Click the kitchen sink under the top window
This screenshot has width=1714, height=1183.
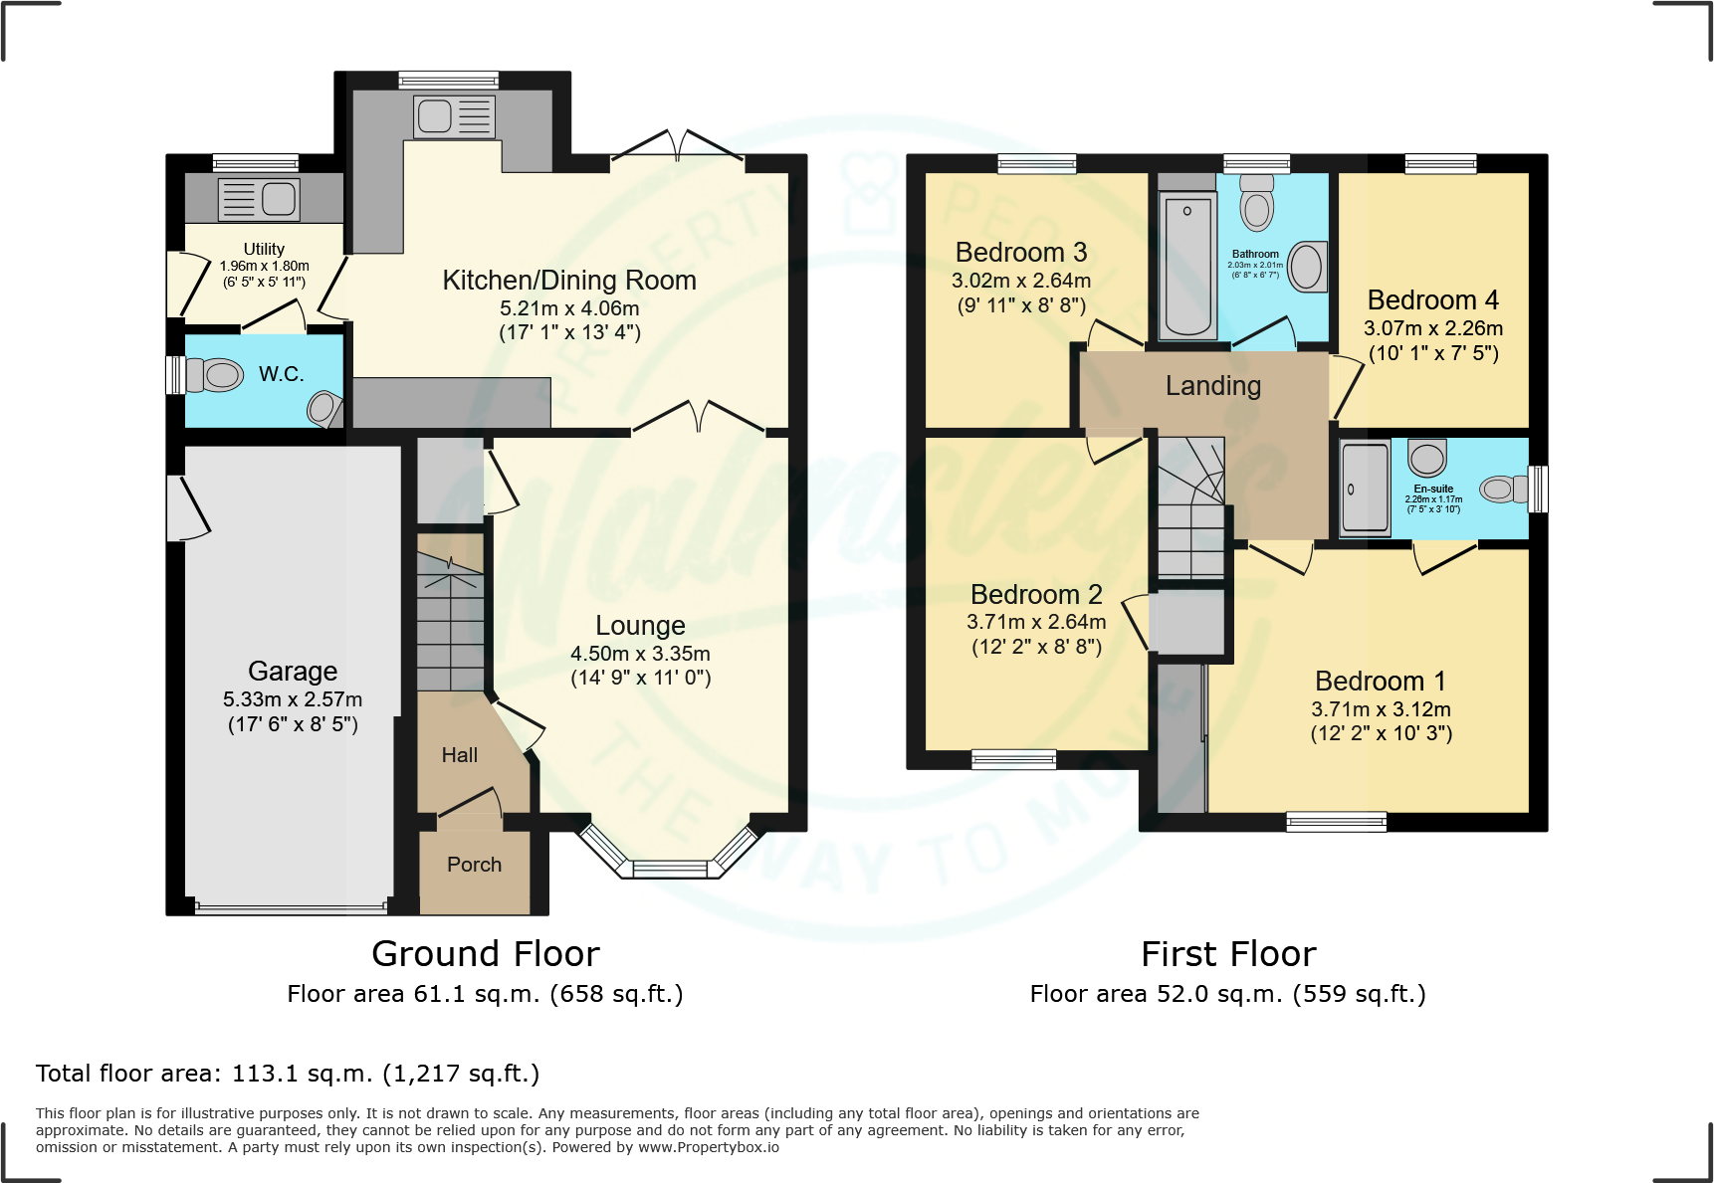(454, 116)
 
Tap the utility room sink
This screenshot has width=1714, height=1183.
(259, 199)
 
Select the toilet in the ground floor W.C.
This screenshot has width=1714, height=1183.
(216, 375)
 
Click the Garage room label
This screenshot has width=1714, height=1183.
(293, 671)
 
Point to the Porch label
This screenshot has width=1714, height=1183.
(474, 865)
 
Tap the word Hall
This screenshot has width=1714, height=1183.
(460, 755)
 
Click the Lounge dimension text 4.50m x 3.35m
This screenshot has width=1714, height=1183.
(640, 654)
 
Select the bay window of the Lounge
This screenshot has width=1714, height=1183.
(669, 869)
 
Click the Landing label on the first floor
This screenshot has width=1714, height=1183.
(1213, 386)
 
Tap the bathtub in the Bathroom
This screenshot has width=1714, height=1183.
(1187, 265)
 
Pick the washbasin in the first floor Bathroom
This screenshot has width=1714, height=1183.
(1307, 267)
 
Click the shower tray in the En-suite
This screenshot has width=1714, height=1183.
(1365, 488)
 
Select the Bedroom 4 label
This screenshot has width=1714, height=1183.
(1432, 300)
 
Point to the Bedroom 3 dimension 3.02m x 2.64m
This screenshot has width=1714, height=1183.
(1021, 281)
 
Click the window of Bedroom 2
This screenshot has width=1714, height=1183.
(1013, 759)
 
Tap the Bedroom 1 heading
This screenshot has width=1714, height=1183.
(1381, 682)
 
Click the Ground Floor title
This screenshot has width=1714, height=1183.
(486, 954)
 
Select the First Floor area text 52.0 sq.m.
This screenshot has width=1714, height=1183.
(1227, 994)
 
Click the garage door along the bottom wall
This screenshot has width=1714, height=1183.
(292, 907)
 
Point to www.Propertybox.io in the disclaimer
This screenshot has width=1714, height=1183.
(709, 1147)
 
